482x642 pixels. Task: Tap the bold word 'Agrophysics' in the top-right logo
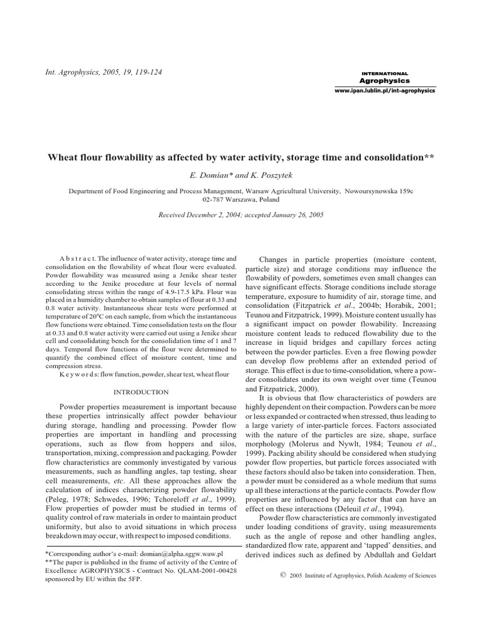coord(384,81)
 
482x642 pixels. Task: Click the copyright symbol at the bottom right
coord(282,574)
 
